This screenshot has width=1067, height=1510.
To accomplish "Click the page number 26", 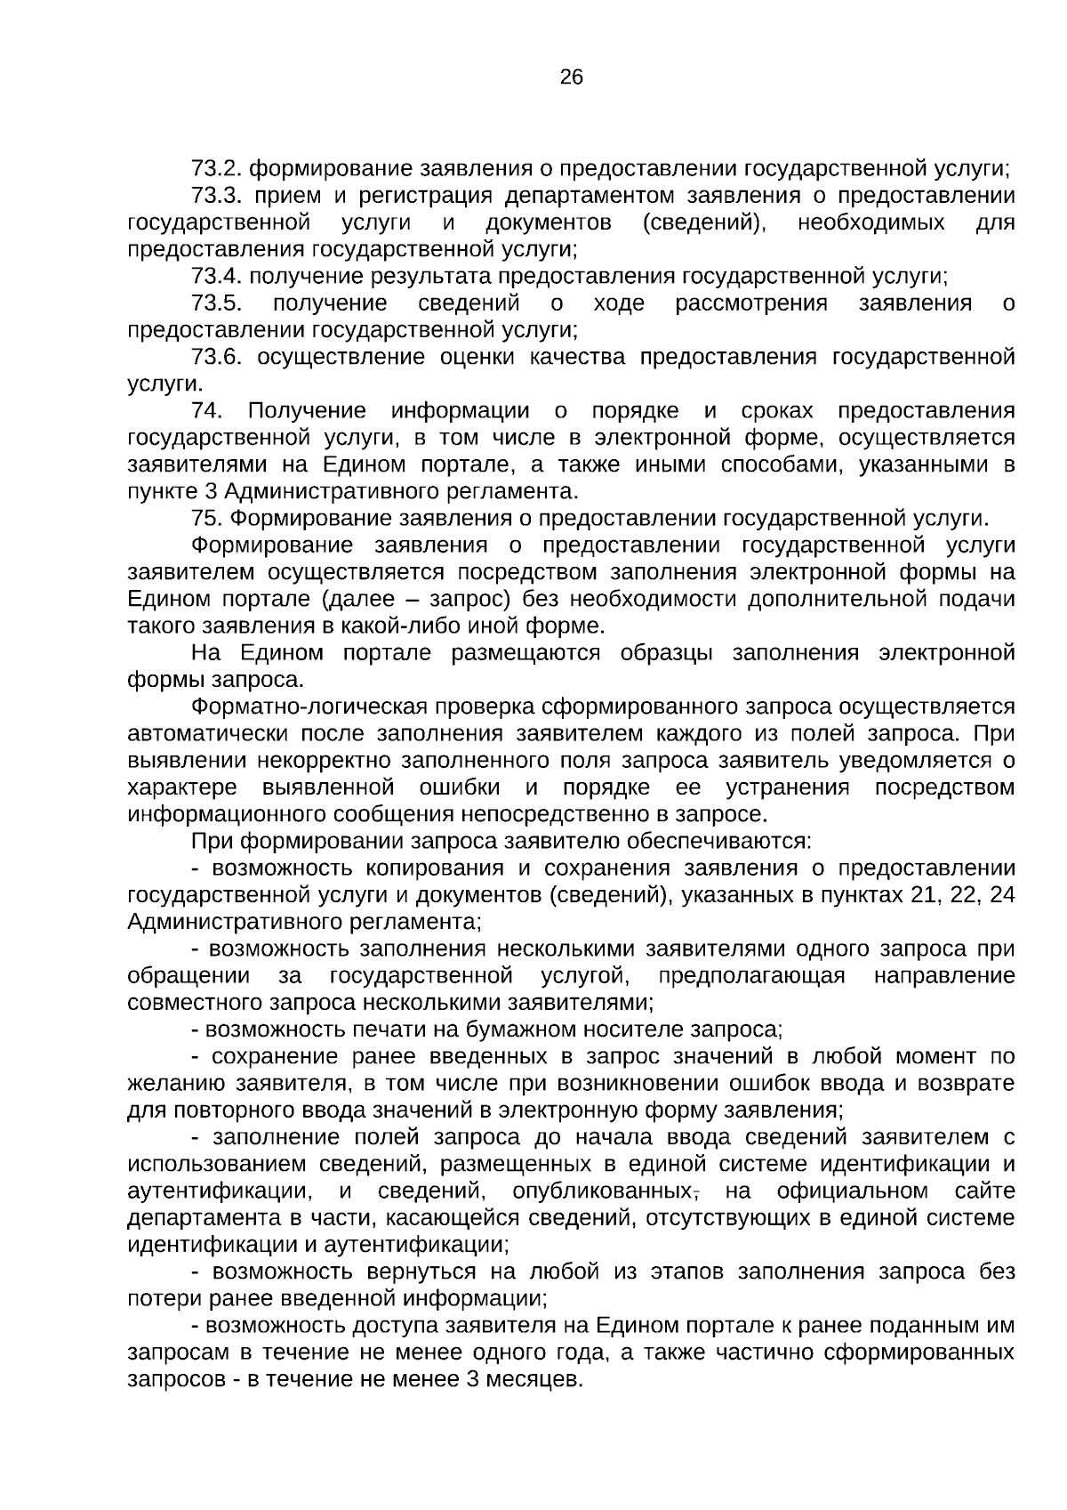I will coord(572,77).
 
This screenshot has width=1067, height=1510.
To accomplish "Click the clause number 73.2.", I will coord(216,167).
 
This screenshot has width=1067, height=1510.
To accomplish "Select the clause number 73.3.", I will coord(216,195).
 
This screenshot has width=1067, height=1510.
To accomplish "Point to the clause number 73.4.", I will coord(216,276).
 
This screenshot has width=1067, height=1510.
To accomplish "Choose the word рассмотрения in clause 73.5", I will coord(751,303).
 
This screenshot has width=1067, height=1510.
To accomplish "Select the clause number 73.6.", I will coord(216,357).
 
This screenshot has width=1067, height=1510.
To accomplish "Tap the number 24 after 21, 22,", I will coord(1001,895).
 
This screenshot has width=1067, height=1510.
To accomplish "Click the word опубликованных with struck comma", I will coord(604,1191).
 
